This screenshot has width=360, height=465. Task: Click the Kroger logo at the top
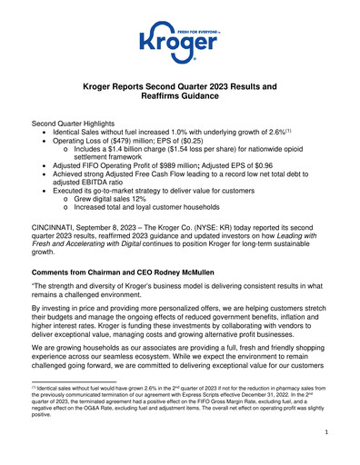[179, 40]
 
